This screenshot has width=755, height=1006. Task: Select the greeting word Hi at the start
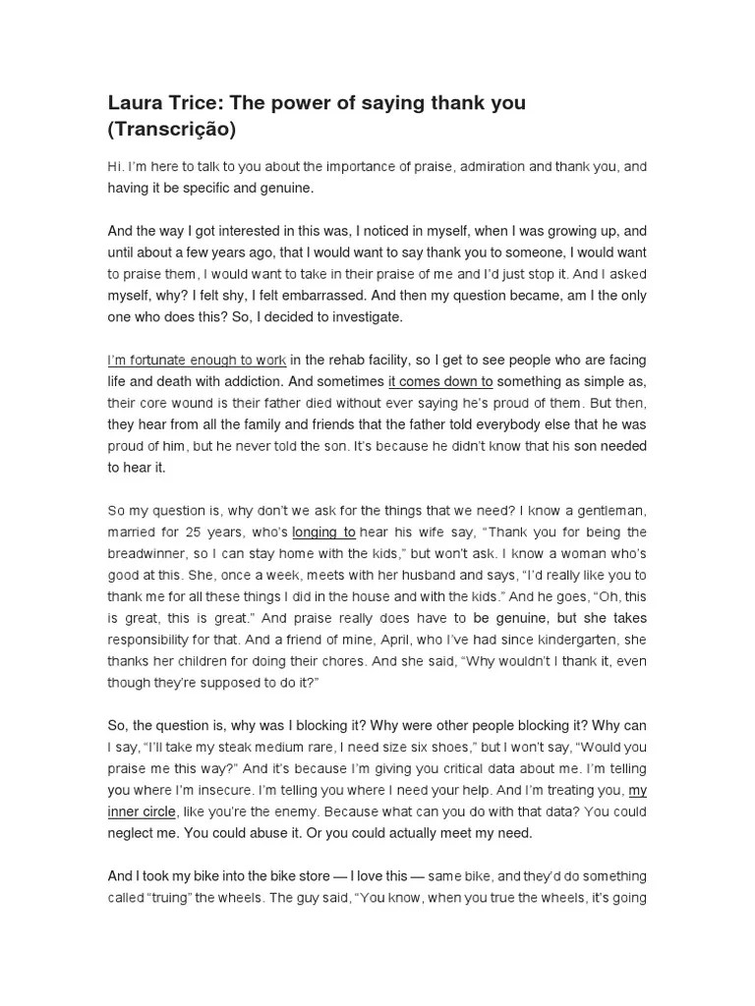coord(114,167)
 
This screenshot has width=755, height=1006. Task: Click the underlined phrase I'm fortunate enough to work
coord(197,361)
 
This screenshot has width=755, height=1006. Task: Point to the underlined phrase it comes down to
coord(440,382)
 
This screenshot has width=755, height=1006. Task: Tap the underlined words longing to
coord(324,531)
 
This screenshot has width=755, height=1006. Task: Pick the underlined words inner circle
coord(142,811)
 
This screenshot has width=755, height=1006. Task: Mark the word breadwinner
coord(150,553)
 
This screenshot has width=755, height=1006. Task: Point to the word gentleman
coord(610,510)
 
